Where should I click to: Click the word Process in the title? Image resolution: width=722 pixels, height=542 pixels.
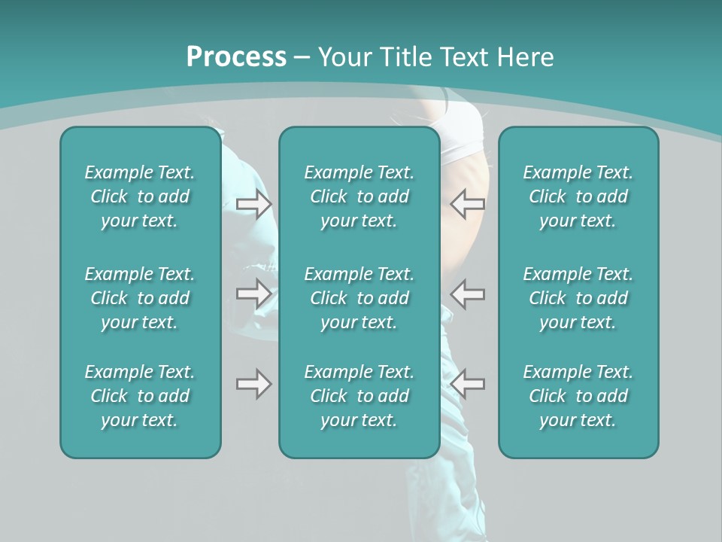click(236, 57)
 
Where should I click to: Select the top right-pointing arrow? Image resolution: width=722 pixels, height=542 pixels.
click(254, 203)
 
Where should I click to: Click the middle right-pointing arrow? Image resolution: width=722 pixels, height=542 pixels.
click(254, 293)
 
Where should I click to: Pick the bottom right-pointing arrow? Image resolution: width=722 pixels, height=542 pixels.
click(254, 384)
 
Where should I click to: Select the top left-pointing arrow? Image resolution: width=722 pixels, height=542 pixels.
click(468, 203)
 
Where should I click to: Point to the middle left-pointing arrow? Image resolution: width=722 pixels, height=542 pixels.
click(468, 293)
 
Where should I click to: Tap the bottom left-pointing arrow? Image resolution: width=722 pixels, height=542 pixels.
click(468, 384)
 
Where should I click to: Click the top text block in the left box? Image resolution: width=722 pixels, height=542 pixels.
click(140, 196)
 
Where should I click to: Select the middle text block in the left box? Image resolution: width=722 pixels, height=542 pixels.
click(140, 298)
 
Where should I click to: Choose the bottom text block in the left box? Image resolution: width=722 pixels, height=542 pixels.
click(140, 396)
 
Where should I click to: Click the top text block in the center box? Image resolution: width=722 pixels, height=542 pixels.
click(359, 196)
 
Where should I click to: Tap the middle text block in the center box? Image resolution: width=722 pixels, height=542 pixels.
click(359, 298)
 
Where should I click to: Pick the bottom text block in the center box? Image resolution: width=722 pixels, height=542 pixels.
click(359, 396)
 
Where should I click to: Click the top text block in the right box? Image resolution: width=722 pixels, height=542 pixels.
click(578, 196)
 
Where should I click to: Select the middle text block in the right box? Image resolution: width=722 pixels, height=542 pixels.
click(578, 298)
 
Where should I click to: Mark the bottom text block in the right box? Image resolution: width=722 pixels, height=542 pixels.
click(578, 396)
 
